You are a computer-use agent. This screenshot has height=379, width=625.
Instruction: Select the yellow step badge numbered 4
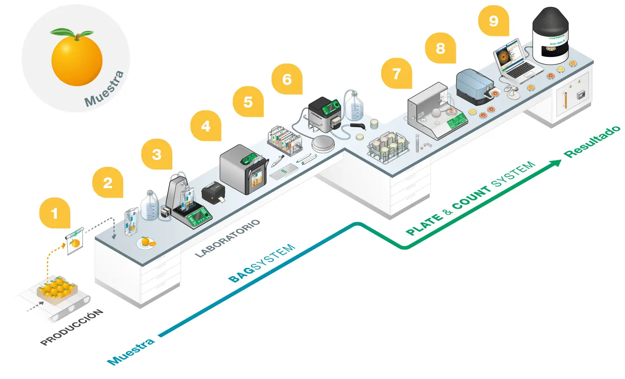pyautogui.click(x=205, y=126)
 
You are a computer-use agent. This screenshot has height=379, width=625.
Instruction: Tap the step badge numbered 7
pyautogui.click(x=396, y=73)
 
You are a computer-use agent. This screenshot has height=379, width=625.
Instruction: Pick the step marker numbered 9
pyautogui.click(x=493, y=21)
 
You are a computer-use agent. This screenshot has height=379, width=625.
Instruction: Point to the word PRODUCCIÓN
pyautogui.click(x=72, y=327)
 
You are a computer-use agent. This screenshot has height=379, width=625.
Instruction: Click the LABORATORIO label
pyautogui.click(x=227, y=238)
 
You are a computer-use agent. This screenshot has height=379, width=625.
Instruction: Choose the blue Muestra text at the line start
pyautogui.click(x=131, y=351)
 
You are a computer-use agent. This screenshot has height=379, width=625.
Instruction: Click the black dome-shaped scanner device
pyautogui.click(x=550, y=35)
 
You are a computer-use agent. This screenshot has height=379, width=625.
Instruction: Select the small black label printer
pyautogui.click(x=214, y=191)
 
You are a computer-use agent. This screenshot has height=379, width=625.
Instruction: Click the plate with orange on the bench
pyautogui.click(x=147, y=242)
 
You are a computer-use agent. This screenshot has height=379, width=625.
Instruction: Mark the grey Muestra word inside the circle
pyautogui.click(x=105, y=89)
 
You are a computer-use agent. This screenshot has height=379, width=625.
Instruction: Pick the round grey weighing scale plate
pyautogui.click(x=327, y=143)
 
